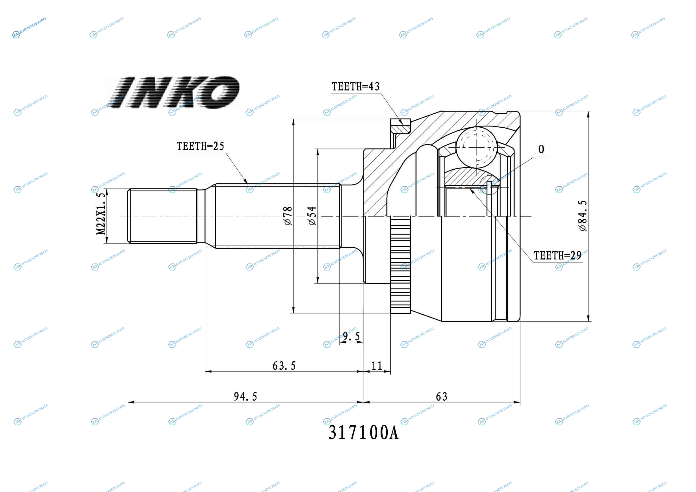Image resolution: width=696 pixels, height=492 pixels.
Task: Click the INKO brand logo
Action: coord(173,93)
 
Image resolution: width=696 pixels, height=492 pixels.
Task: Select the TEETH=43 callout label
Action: coord(356,87)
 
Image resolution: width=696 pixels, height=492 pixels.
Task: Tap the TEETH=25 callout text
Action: coord(200,146)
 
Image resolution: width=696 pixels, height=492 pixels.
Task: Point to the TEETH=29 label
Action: coord(557,256)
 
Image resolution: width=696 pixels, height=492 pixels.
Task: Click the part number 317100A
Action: coord(363,432)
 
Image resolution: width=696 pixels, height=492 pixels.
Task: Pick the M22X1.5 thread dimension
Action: coord(101,213)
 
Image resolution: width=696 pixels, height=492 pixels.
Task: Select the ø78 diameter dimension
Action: coord(288,216)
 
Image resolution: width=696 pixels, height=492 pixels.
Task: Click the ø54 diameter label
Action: coord(312,216)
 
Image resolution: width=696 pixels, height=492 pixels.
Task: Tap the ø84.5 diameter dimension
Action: coord(582,216)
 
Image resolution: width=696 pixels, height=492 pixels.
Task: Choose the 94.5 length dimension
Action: coord(245,396)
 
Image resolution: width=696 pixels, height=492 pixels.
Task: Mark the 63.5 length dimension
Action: coord(284,366)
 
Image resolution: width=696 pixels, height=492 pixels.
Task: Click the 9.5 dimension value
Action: coord(351,336)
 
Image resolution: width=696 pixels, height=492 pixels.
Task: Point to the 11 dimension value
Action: coord(377,366)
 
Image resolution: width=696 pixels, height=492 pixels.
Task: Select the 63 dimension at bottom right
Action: coord(442,396)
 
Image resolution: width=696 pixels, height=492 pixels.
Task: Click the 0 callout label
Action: coord(541,149)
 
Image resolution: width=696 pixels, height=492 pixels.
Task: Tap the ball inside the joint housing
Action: coord(476,147)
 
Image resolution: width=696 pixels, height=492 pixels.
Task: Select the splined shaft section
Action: coord(278,216)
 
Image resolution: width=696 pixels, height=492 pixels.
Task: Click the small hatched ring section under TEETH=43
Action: coord(401,126)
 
